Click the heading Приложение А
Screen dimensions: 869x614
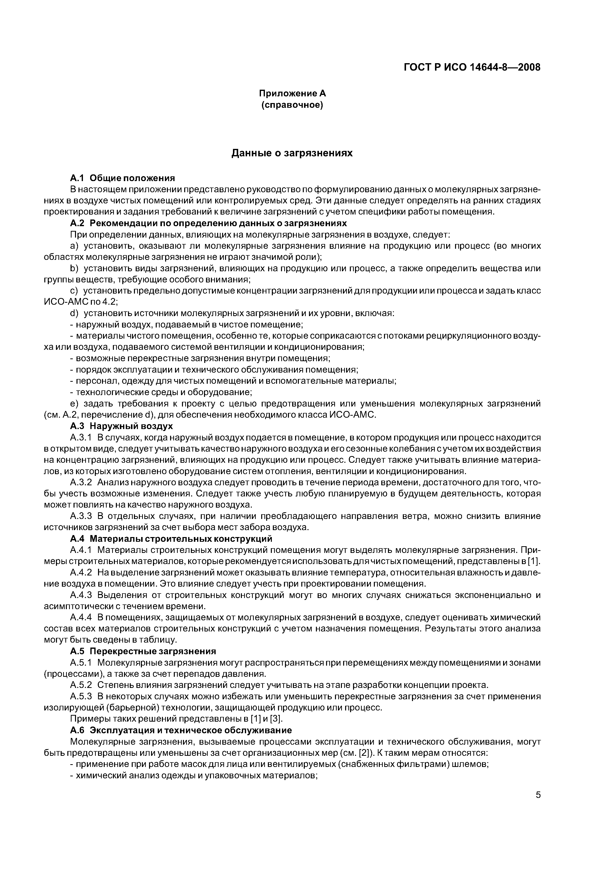pyautogui.click(x=292, y=93)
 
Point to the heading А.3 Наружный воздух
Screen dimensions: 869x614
pyautogui.click(x=121, y=426)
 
